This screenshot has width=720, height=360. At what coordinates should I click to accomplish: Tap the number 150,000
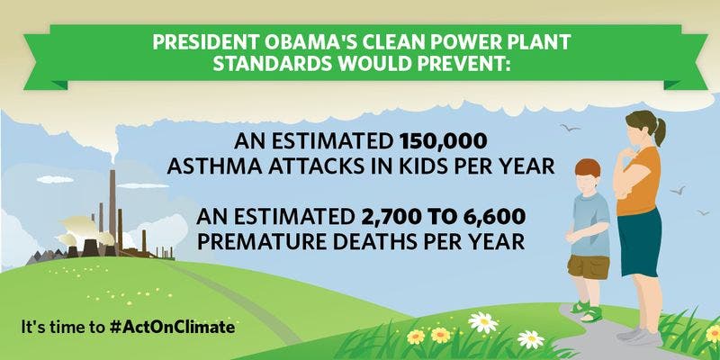click(443, 141)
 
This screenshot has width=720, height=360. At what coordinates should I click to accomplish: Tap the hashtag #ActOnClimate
click(173, 327)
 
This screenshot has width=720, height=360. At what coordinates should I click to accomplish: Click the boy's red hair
click(588, 167)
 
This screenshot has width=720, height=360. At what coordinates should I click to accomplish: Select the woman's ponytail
click(660, 130)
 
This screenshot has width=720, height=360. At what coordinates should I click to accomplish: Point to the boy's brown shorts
click(589, 267)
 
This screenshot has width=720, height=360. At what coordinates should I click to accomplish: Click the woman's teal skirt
click(640, 242)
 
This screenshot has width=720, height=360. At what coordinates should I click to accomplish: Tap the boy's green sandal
click(591, 314)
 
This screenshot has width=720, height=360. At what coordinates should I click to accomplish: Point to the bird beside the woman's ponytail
click(570, 128)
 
